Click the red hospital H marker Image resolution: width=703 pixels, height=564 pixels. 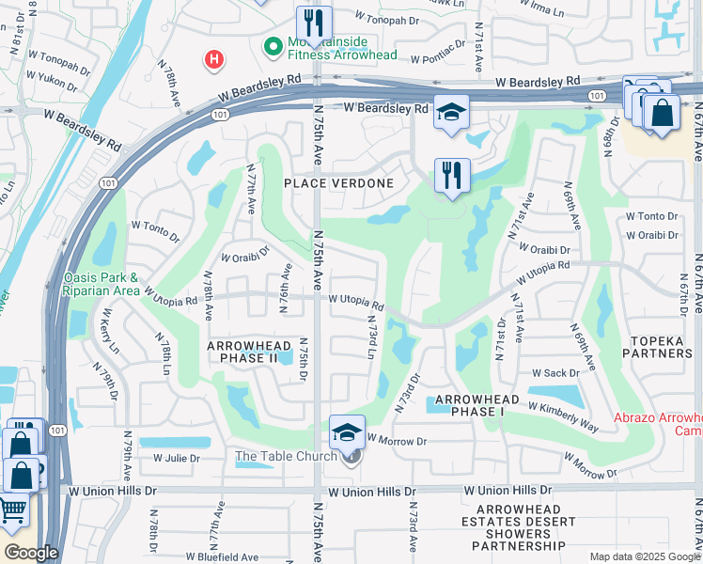(214, 60)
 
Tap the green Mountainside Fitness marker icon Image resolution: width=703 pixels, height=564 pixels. (273, 45)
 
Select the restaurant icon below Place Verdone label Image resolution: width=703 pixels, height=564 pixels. (451, 175)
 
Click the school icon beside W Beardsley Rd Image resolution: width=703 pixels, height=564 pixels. (451, 112)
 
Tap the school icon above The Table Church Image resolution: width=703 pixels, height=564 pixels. (347, 432)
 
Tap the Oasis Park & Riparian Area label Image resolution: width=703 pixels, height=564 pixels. (102, 283)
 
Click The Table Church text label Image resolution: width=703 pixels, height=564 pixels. (285, 457)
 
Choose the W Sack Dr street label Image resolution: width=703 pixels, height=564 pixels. (554, 373)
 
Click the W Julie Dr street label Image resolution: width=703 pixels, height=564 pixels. (177, 459)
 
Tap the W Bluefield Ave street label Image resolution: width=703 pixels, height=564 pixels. (222, 556)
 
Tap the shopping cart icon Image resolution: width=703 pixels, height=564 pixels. (13, 510)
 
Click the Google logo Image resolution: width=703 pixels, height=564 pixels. (31, 553)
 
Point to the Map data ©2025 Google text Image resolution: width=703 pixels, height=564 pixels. (644, 556)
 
